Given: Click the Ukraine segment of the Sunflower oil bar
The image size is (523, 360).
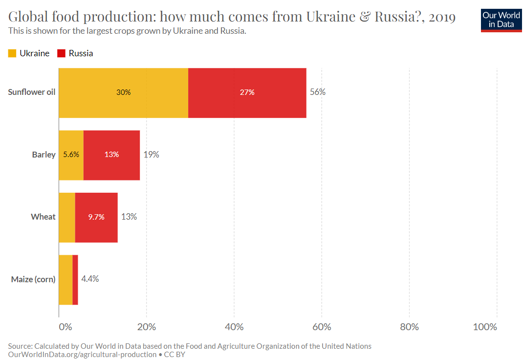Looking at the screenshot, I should tap(123, 92).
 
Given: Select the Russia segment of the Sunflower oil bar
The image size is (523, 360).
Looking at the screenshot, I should tap(247, 92).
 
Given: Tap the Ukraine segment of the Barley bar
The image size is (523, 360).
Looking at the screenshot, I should tap(71, 155).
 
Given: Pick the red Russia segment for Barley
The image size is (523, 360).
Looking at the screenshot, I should tap(111, 155).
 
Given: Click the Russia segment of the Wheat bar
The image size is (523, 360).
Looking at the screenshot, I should tap(96, 217).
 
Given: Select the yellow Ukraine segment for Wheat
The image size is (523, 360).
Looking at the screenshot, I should tap(67, 217).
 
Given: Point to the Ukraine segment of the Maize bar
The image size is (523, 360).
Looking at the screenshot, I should tap(65, 279).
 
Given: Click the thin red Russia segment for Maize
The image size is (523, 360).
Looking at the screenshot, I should tap(75, 279).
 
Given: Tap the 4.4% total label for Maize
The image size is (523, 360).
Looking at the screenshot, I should tap(90, 279).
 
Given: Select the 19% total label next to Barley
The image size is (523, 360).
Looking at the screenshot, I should tap(151, 155).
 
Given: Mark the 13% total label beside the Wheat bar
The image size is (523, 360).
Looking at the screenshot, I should tap(129, 217).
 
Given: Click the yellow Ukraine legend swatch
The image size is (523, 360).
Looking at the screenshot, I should tap(12, 53).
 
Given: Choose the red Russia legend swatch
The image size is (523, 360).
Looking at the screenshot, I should tap(62, 53).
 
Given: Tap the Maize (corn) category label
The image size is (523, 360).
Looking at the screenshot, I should tap(33, 279).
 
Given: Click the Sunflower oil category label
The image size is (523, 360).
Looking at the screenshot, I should tap(32, 92).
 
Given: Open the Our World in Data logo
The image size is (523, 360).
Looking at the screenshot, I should tap(501, 20).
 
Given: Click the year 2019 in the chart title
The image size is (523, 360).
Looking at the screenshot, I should tap(443, 18).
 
